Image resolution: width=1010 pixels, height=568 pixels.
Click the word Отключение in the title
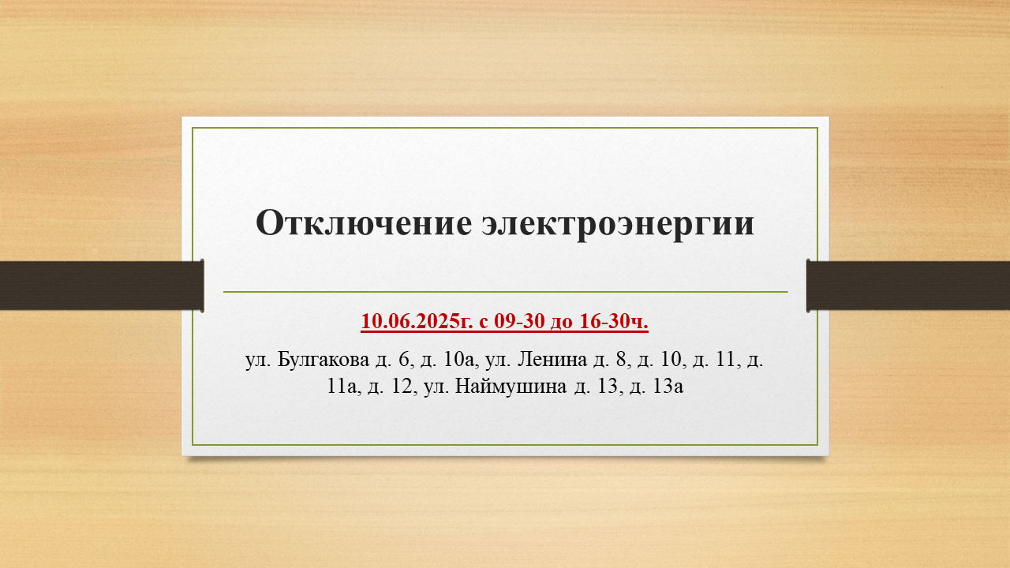[x=364, y=223]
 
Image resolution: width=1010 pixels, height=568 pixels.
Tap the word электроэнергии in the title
[x=618, y=224]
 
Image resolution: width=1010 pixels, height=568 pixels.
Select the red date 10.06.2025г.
[x=417, y=321]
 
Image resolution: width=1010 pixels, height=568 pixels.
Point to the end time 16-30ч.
[x=614, y=321]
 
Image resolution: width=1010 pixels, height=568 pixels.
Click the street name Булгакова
[x=323, y=360]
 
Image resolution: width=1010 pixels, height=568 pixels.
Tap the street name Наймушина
[x=511, y=387]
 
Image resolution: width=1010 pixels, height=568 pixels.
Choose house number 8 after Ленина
[x=622, y=360]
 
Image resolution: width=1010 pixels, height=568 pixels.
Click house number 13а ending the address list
[x=668, y=387]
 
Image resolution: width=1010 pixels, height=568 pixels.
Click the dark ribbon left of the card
[x=102, y=286]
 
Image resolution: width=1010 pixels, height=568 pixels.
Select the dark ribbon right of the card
[x=908, y=286]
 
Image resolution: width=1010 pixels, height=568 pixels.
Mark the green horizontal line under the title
[x=506, y=292]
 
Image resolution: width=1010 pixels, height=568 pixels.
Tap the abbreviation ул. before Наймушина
[x=436, y=387]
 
